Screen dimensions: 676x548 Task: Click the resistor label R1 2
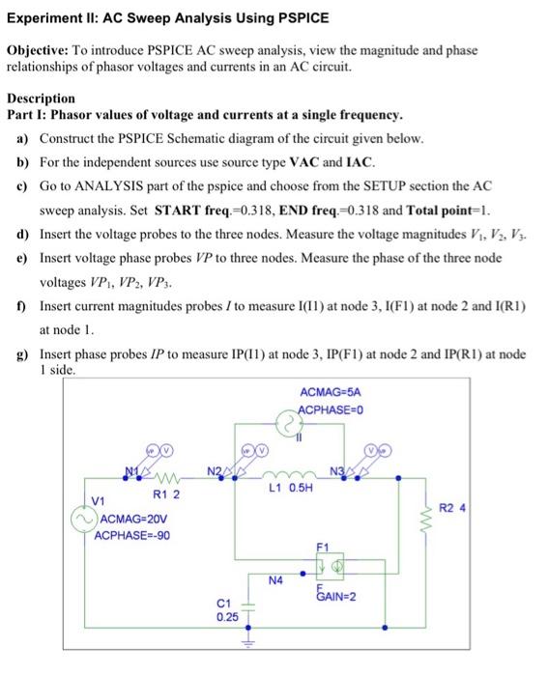point(166,494)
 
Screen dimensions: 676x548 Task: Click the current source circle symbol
point(287,423)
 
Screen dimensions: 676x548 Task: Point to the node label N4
point(275,580)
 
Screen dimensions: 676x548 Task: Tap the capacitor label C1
point(226,602)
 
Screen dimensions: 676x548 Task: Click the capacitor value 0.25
point(227,615)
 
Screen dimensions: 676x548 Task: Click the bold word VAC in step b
point(292,161)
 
